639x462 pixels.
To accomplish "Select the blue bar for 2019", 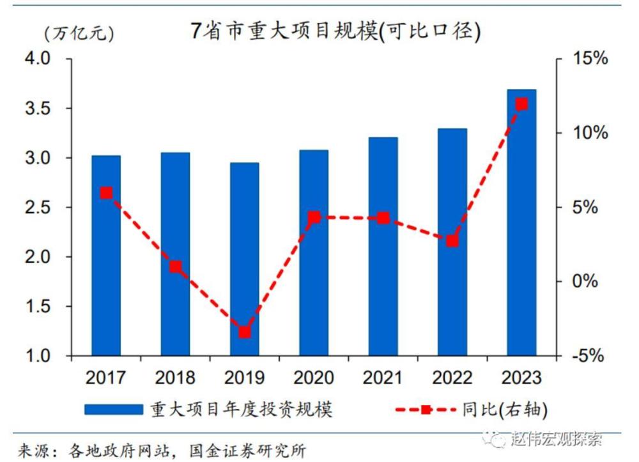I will pyautogui.click(x=245, y=259).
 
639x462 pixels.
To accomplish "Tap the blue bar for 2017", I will pyautogui.click(x=106, y=256).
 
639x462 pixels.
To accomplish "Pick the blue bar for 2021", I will pyautogui.click(x=383, y=246).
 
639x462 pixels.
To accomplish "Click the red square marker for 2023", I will pyautogui.click(x=521, y=104).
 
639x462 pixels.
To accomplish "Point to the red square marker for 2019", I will pyautogui.click(x=245, y=332).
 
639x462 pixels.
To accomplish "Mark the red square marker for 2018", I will pyautogui.click(x=176, y=266).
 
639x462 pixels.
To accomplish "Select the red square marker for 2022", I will pyautogui.click(x=452, y=241).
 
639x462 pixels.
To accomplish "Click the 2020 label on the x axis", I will pyautogui.click(x=313, y=378).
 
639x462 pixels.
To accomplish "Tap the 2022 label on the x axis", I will pyautogui.click(x=452, y=378).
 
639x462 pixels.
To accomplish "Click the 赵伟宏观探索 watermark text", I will pyautogui.click(x=556, y=440).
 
